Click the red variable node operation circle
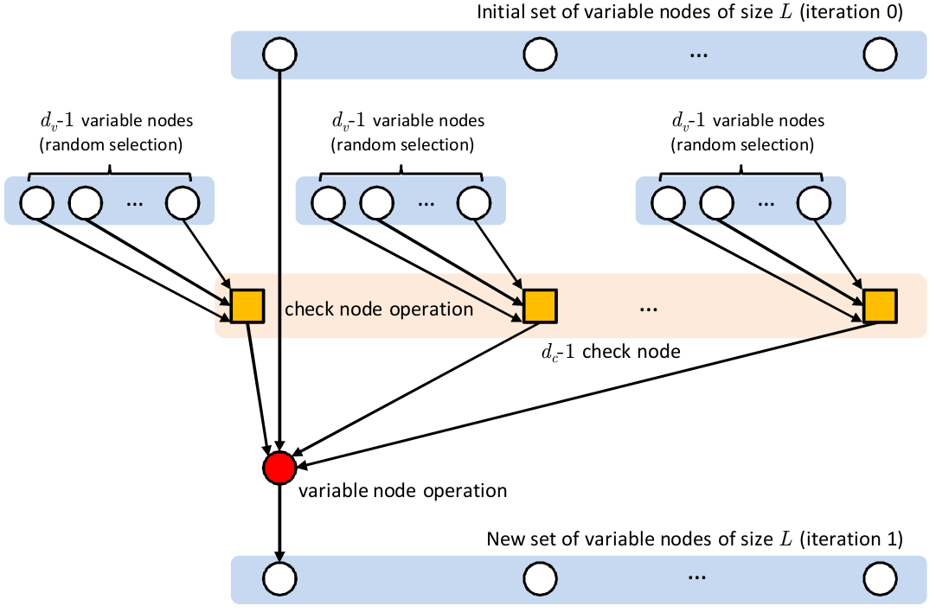pos(279,468)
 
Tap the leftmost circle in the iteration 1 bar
pos(279,578)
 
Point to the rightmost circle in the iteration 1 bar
pos(880,578)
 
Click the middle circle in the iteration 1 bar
pos(540,578)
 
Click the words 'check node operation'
pos(379,309)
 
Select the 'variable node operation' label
pos(402,491)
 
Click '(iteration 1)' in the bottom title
pos(852,540)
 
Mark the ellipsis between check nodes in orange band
pos(649,308)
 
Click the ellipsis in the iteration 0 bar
pos(699,55)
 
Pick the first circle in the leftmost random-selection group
pos(37,203)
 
